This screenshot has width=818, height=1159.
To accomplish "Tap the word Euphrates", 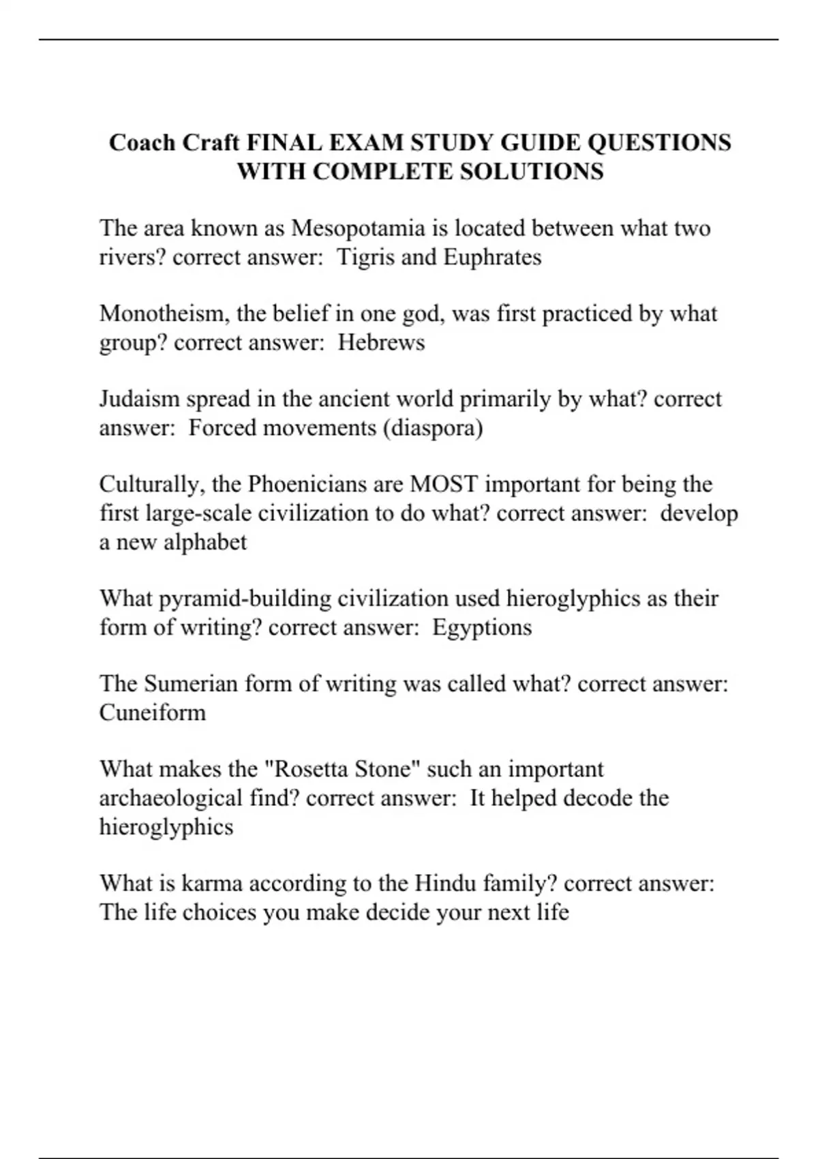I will pyautogui.click(x=492, y=258).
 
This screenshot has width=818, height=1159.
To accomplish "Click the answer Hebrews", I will pyautogui.click(x=381, y=342).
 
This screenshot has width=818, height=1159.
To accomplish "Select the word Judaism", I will pyautogui.click(x=139, y=399).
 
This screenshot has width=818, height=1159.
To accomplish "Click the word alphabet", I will pyautogui.click(x=205, y=542).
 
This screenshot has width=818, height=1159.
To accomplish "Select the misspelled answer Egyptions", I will pyautogui.click(x=481, y=627).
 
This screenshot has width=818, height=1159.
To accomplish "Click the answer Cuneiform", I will pyautogui.click(x=152, y=712).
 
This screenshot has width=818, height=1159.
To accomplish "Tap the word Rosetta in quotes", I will pyautogui.click(x=305, y=769).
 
